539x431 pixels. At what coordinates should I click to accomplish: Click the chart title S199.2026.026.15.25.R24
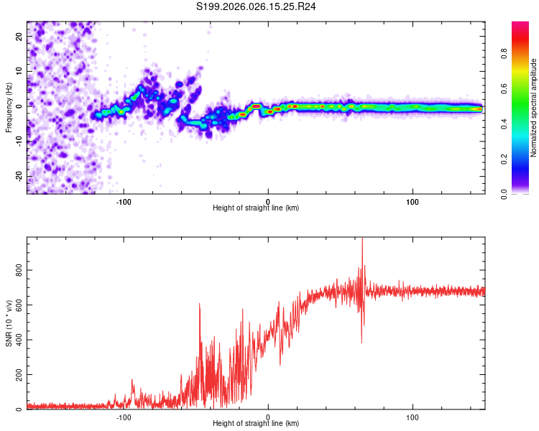click(257, 6)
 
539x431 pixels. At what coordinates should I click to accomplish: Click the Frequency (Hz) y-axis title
click(9, 108)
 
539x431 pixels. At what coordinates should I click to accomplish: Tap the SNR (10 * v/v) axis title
click(9, 323)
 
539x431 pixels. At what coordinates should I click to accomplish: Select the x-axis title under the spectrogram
click(256, 208)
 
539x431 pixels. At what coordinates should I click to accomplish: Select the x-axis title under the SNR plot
click(256, 424)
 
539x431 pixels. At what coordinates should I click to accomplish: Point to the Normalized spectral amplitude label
click(533, 108)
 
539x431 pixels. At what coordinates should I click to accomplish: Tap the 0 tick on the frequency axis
click(19, 107)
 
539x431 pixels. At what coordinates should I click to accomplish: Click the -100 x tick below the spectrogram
click(124, 200)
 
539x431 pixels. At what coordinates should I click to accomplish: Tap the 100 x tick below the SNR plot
click(413, 417)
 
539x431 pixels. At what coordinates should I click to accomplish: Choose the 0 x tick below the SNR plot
click(268, 417)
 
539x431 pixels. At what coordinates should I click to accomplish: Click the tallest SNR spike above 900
click(362, 241)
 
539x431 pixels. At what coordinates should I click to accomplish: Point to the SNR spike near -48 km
click(199, 305)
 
